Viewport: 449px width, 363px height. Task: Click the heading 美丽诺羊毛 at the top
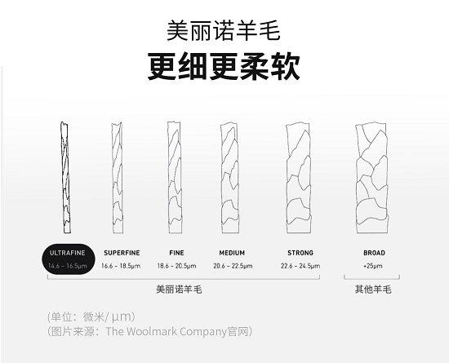223,30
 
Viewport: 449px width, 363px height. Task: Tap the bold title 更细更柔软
224,67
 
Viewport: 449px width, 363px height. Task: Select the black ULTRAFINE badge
68,259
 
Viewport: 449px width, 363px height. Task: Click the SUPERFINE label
122,253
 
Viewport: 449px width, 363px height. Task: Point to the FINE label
176,253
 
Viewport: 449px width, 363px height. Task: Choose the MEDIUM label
232,253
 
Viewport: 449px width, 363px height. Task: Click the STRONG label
300,253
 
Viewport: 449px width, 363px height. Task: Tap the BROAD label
374,253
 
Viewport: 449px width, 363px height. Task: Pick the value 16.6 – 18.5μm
121,266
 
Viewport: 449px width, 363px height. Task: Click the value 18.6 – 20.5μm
176,266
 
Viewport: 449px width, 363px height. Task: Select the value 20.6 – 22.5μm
233,266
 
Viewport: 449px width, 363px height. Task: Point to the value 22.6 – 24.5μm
300,266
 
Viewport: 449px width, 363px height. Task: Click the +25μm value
373,266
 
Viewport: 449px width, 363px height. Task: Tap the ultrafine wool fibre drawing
65,177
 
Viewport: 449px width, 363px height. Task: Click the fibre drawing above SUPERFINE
117,177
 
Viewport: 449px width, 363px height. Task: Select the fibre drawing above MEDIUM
230,177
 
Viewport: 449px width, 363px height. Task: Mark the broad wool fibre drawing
372,177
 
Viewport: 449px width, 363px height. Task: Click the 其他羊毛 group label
373,290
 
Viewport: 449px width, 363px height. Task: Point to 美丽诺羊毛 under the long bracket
179,290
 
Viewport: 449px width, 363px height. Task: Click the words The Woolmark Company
166,331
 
